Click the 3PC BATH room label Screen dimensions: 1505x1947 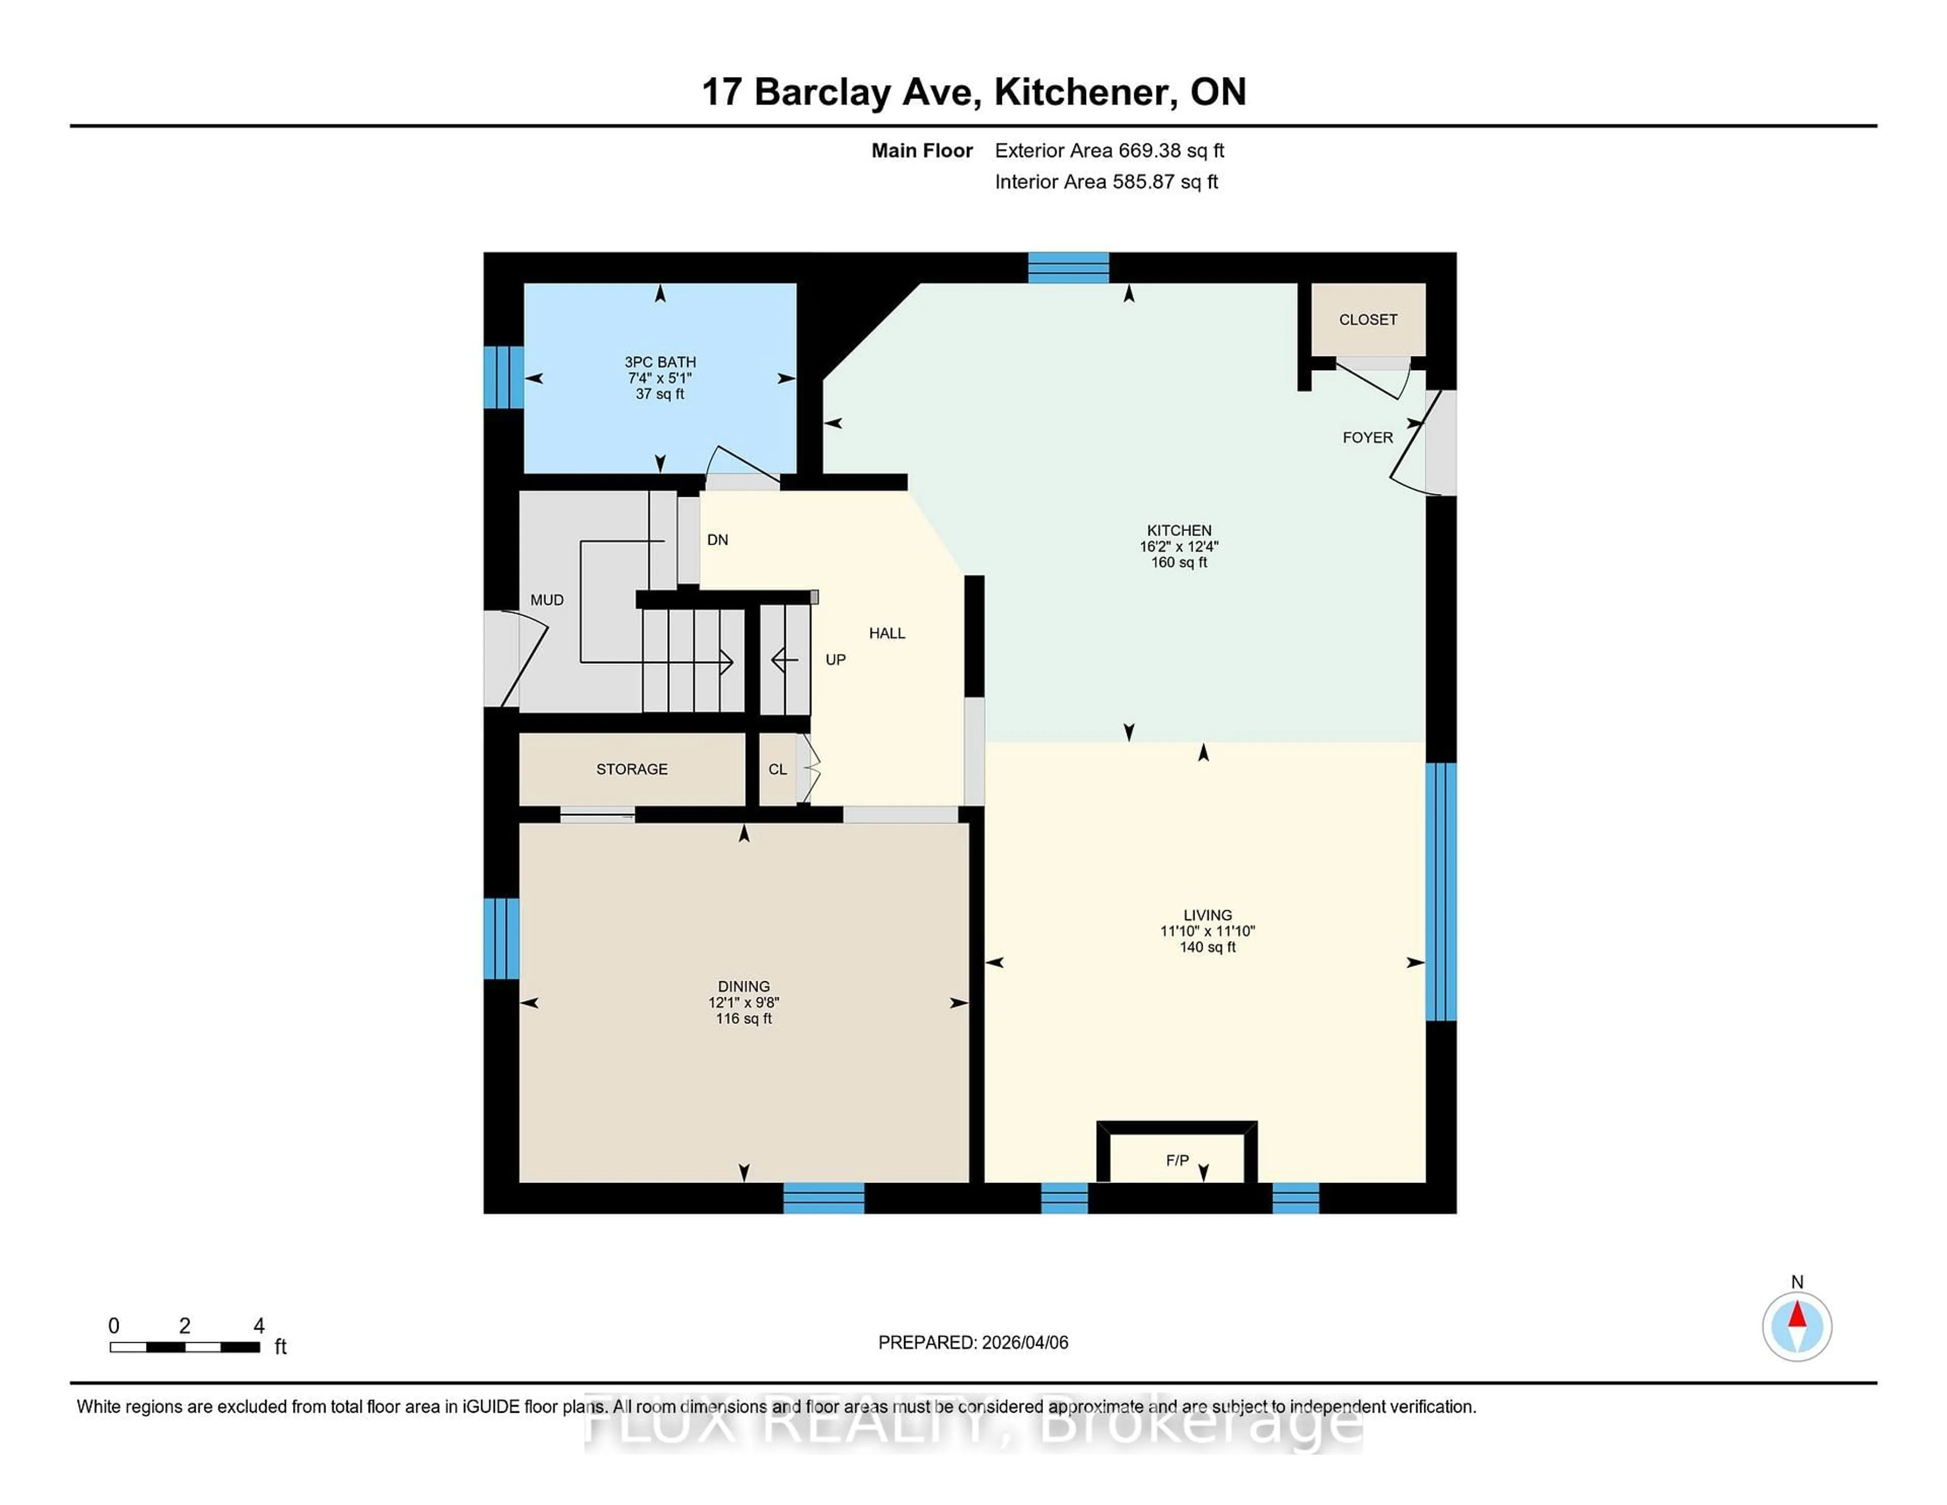(660, 362)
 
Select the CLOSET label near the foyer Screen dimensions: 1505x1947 (1367, 319)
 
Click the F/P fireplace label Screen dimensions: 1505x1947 (1177, 1160)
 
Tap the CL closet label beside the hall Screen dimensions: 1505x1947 (777, 769)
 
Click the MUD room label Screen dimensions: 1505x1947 (547, 600)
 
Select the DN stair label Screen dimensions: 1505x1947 (717, 540)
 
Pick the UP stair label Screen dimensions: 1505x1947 (835, 660)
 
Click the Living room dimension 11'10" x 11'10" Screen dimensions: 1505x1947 (1207, 931)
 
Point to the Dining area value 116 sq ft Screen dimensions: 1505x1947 (743, 1018)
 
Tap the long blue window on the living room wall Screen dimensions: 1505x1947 (1440, 891)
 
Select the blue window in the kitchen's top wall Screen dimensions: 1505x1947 (1068, 267)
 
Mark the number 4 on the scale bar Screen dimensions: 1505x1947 (259, 1326)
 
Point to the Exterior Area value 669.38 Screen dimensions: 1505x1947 (1150, 151)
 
